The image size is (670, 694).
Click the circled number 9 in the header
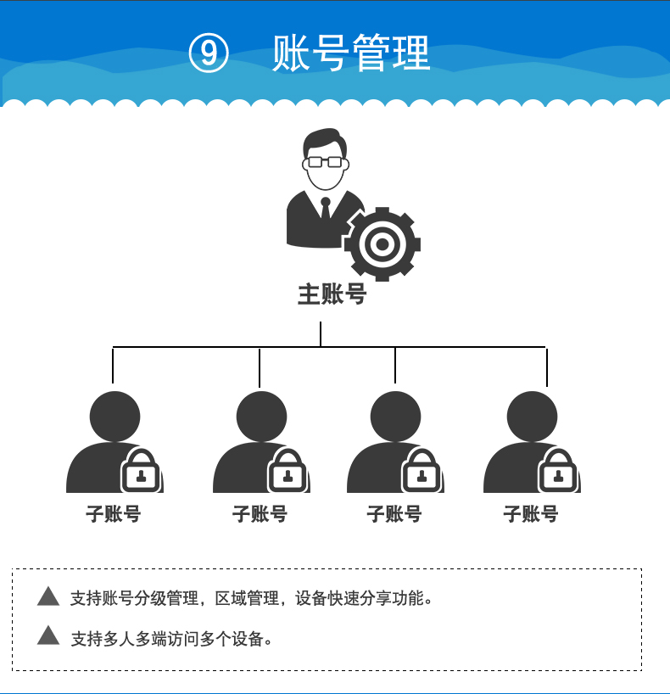(209, 53)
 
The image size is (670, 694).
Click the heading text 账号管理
(351, 53)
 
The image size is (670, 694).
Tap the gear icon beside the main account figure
(382, 244)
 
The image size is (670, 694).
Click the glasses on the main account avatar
(324, 161)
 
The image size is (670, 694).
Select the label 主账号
(332, 294)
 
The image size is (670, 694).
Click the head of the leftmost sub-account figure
(114, 417)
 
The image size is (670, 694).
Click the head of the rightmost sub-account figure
(532, 417)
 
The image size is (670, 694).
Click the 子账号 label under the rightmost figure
(531, 514)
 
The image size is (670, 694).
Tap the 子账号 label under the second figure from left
(260, 514)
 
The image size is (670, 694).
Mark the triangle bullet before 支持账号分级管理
(48, 596)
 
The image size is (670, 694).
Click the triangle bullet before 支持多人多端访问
(48, 635)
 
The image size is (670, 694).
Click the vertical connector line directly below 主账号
(321, 333)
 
